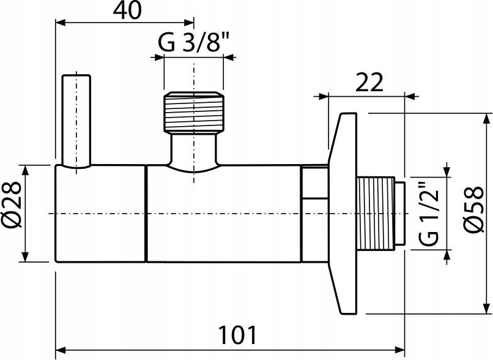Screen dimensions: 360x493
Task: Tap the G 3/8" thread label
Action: [194, 44]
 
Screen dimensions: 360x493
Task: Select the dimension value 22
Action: [369, 81]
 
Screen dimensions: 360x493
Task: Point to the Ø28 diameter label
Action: [13, 212]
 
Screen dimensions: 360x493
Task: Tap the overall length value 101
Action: [237, 335]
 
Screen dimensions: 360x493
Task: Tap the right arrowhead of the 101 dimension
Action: [400, 351]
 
